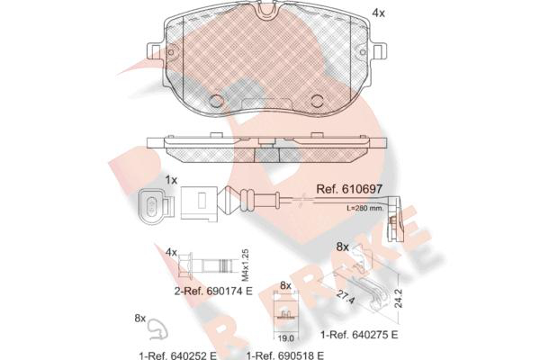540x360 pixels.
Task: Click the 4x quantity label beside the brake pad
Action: pos(379,13)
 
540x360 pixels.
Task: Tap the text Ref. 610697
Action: pos(349,189)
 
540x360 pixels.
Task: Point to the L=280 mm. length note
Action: pos(364,208)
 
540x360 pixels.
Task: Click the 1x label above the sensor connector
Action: pos(171,180)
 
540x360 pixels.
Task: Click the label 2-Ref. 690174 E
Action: pos(213,291)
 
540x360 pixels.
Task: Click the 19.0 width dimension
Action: pos(286,338)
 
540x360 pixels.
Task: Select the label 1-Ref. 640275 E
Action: pos(359,335)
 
